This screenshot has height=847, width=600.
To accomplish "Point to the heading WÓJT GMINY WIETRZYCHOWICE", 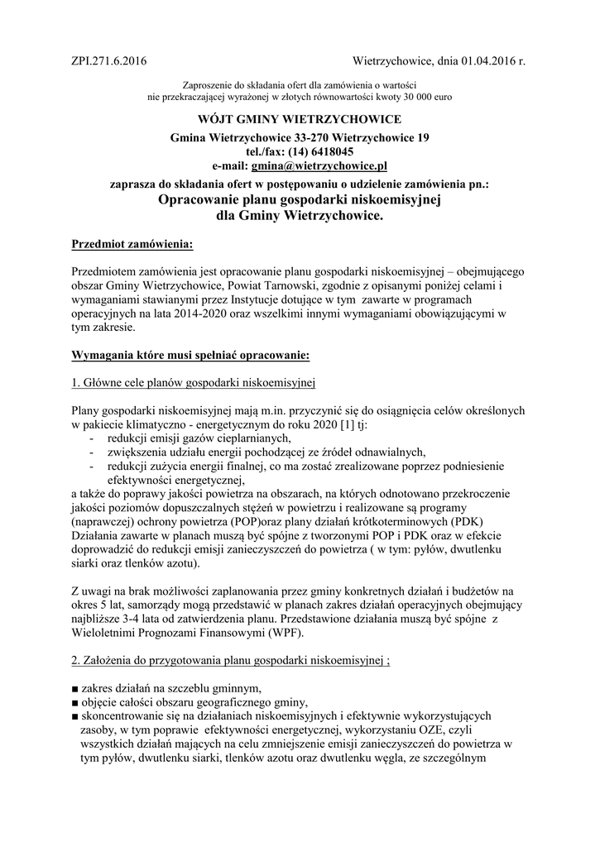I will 300,120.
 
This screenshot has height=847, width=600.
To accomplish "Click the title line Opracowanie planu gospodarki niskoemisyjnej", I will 300,201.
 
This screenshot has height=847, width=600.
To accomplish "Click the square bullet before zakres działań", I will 75,689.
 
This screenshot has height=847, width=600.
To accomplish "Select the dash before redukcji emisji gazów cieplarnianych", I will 91,438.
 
